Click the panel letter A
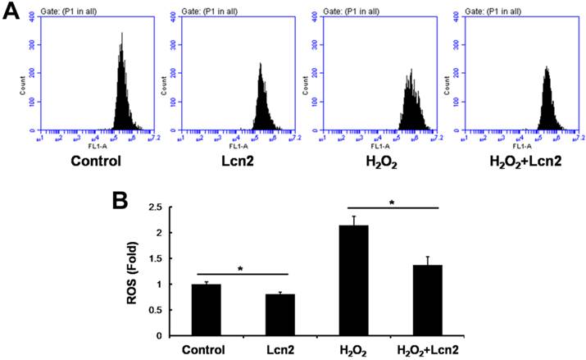pyautogui.click(x=11, y=14)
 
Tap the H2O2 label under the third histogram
pyautogui.click(x=384, y=161)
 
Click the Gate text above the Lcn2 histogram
pyautogui.click(x=205, y=7)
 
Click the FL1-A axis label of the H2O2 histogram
pyautogui.click(x=380, y=144)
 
